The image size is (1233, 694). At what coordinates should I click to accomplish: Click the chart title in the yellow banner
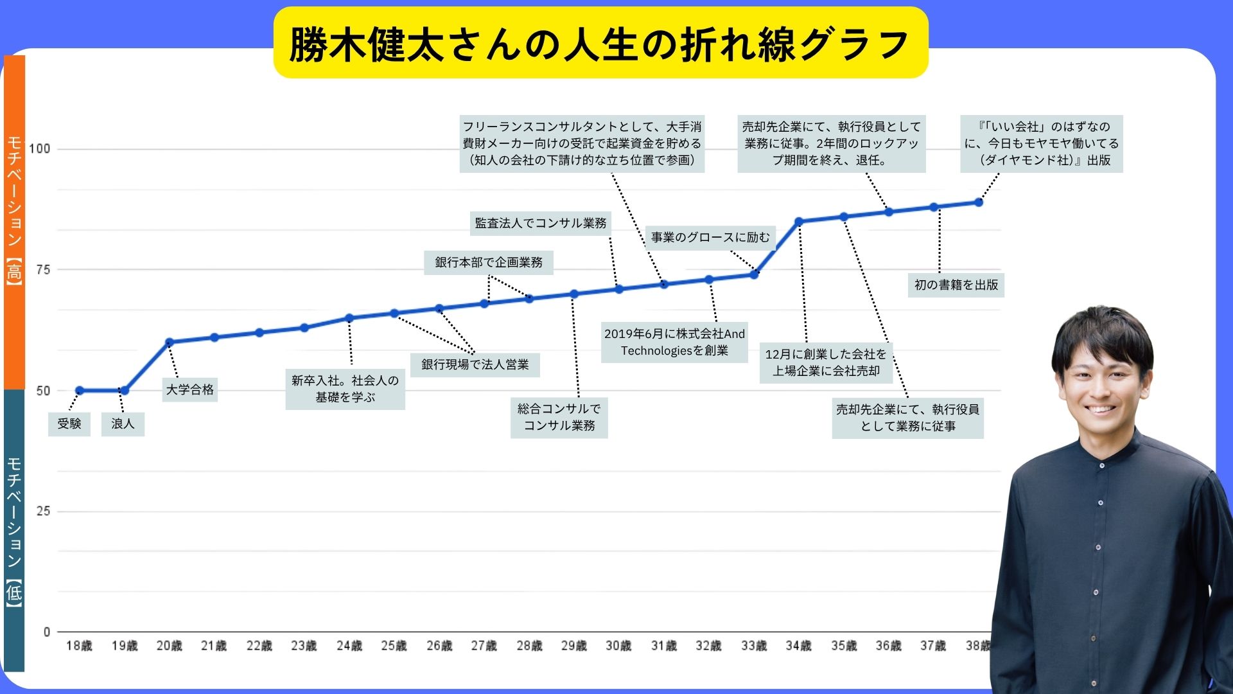click(x=600, y=44)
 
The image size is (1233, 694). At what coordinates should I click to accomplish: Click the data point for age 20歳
click(x=170, y=342)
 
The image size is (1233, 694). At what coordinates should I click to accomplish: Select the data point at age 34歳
click(x=799, y=222)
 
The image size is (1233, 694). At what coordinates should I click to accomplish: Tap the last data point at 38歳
click(x=979, y=202)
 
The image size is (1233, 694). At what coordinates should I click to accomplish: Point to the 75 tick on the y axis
click(x=43, y=270)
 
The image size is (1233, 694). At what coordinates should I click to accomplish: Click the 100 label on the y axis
click(x=40, y=149)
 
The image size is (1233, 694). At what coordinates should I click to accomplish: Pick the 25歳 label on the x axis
click(x=394, y=645)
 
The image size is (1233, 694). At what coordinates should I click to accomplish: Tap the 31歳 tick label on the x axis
click(x=663, y=645)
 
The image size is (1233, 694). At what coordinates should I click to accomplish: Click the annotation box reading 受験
click(x=69, y=424)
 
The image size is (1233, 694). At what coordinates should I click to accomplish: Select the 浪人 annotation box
click(x=123, y=424)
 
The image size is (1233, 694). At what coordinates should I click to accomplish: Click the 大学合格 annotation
click(x=190, y=389)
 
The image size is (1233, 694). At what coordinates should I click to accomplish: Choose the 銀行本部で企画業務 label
click(x=488, y=262)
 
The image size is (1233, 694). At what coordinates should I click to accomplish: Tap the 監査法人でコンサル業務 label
click(x=540, y=223)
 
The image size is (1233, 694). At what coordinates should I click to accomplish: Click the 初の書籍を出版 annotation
click(x=956, y=285)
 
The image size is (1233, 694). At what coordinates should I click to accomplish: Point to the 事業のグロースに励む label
click(x=710, y=237)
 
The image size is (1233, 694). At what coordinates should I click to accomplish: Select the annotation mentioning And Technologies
click(x=674, y=342)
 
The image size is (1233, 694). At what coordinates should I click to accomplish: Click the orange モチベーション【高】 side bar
click(x=14, y=222)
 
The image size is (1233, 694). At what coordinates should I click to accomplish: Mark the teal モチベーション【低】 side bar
click(x=14, y=530)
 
